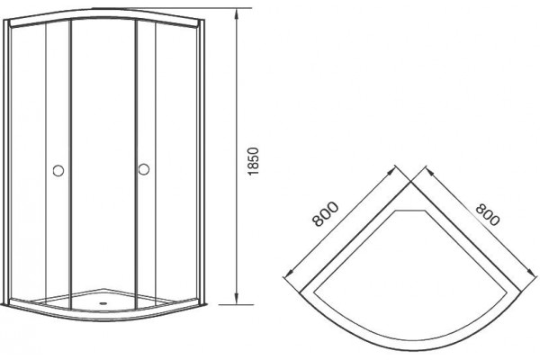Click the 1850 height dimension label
point(254,161)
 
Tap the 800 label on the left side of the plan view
point(326,214)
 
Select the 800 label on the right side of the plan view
point(487,214)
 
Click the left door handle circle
point(58,170)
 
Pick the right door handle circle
point(144,169)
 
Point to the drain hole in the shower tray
point(102,303)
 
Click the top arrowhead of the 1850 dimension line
point(236,14)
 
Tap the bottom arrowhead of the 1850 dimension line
point(236,298)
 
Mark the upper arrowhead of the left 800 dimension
point(391,173)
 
